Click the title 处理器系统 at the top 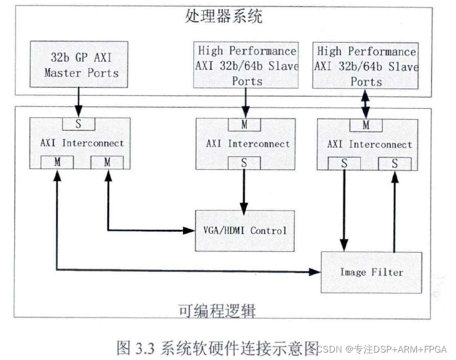[223, 15]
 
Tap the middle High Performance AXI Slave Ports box [247, 65]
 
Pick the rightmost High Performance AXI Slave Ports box [366, 65]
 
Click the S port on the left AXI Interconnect [78, 123]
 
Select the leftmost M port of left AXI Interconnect [56, 163]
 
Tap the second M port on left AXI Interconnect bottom [108, 163]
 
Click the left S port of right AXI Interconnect [342, 163]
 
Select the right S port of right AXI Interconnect [394, 163]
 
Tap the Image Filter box [371, 272]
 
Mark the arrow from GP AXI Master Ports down [79, 99]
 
